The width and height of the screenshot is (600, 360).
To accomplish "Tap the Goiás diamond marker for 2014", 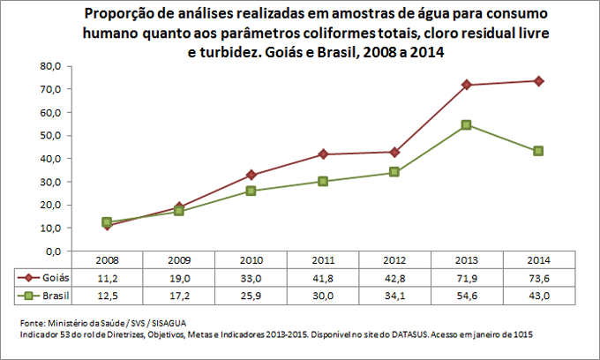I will [539, 81].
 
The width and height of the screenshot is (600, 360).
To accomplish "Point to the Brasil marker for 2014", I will [539, 151].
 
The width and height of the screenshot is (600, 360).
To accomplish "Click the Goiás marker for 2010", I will [251, 175].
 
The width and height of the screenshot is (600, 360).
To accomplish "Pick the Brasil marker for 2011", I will [323, 181].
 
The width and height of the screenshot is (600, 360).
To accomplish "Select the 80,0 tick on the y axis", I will [48, 66].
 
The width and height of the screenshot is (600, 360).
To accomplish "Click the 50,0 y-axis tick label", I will [48, 136].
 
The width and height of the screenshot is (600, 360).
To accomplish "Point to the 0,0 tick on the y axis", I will [50, 251].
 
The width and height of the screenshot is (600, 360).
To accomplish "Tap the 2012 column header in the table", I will [394, 260].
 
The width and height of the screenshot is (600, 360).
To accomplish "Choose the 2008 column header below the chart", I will [106, 260].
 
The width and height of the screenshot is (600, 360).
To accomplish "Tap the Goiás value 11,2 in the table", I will [106, 277].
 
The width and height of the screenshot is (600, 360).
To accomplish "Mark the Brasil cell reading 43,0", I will [539, 294].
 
